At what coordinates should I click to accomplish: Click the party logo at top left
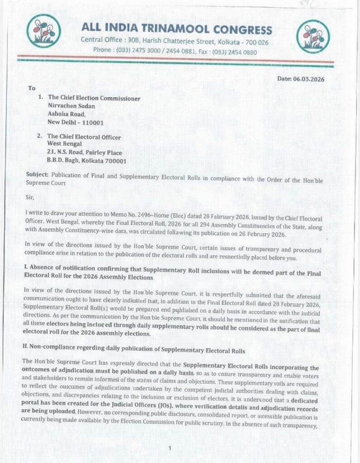(43, 31)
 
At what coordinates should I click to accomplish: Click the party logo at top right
(313, 36)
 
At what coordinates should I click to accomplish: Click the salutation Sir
(28, 197)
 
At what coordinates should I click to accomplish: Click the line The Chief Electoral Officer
(84, 137)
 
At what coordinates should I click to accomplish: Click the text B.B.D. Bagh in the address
(63, 161)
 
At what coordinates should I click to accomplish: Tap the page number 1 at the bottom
(169, 448)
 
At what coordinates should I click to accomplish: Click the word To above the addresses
(32, 88)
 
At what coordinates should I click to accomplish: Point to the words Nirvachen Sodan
(70, 106)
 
